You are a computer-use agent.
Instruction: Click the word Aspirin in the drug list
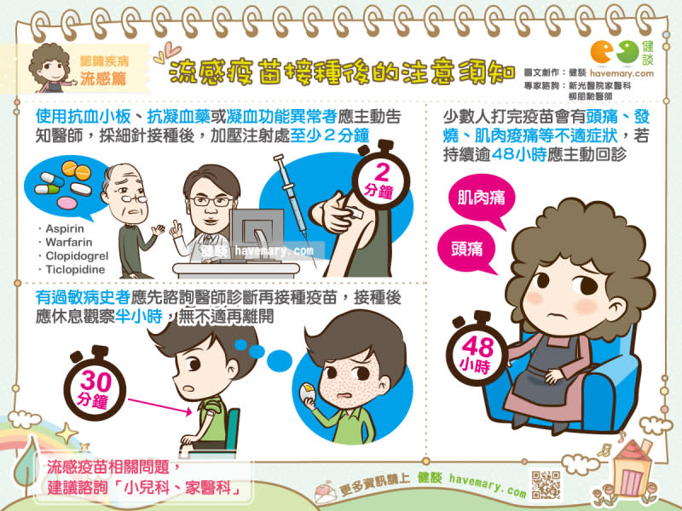[65, 228]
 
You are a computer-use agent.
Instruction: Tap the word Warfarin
[69, 242]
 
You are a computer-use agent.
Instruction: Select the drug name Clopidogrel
[77, 256]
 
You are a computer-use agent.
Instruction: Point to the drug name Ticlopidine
[75, 269]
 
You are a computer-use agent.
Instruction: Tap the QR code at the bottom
[546, 485]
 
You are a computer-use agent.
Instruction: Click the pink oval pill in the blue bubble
[67, 203]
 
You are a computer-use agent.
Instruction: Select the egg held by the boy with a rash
[307, 393]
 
